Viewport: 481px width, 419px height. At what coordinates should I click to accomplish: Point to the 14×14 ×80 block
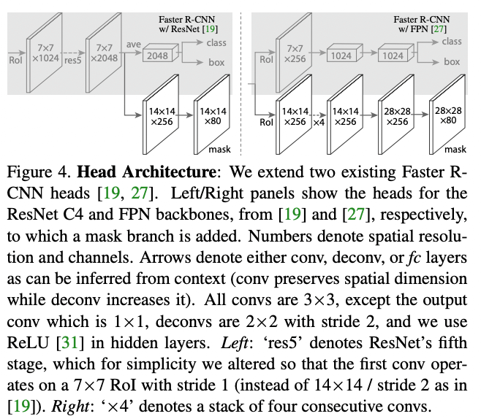212,116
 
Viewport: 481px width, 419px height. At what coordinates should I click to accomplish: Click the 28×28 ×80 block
447,116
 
